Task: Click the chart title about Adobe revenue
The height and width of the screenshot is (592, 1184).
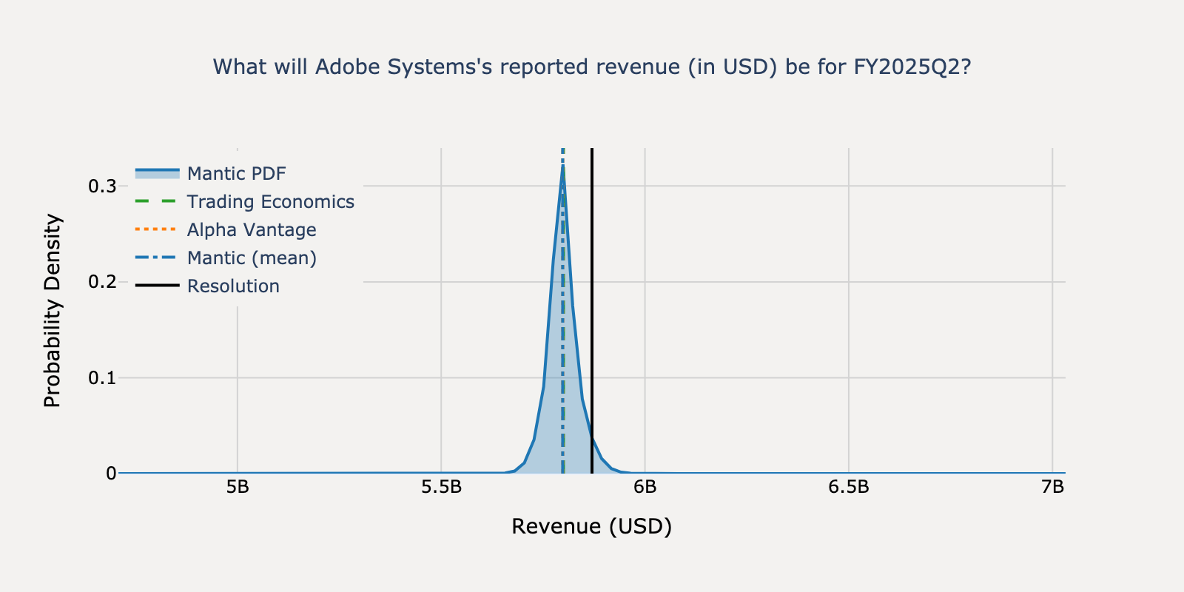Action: coord(591,67)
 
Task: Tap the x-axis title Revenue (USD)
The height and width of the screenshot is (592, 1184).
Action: coord(591,526)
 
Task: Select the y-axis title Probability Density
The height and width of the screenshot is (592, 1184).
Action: coord(53,311)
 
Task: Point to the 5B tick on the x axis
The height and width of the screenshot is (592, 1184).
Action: coord(238,487)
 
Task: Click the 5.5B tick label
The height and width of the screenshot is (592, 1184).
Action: coord(441,487)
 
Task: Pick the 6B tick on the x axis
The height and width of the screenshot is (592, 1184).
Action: coord(645,487)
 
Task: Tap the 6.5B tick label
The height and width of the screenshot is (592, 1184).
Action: coord(849,487)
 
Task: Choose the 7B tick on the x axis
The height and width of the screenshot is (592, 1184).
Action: coord(1052,487)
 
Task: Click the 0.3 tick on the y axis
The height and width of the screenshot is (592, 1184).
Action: coord(102,186)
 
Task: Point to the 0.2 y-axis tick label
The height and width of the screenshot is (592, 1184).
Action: coord(102,282)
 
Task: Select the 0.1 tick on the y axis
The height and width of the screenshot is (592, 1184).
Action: coord(102,378)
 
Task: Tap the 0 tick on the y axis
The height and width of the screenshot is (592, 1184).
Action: coord(111,474)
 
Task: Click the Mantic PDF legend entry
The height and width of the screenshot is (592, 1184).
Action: coord(236,173)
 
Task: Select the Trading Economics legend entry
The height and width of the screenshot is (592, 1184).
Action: coord(270,201)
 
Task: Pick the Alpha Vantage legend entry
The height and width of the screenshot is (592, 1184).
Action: coord(251,229)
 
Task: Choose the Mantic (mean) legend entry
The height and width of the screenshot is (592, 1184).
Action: coord(252,258)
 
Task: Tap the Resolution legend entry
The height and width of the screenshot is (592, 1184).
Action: coord(233,286)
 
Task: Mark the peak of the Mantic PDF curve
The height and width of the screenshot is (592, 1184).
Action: coord(563,167)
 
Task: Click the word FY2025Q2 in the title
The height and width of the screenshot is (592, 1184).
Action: coord(912,67)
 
